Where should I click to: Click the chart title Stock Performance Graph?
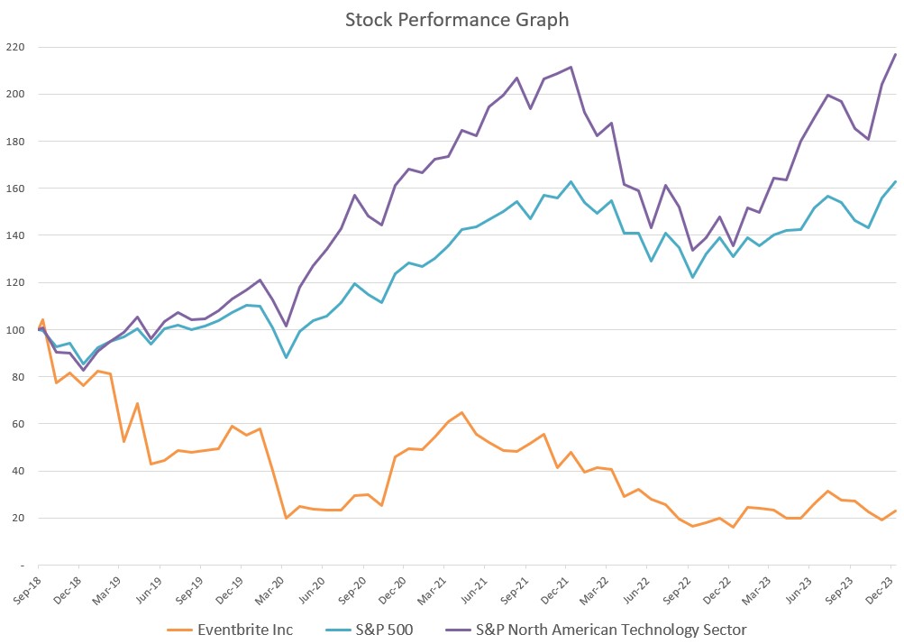pyautogui.click(x=457, y=19)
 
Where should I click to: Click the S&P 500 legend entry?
pyautogui.click(x=384, y=629)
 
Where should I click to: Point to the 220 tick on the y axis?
pyautogui.click(x=15, y=47)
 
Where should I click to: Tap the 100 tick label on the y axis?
pyautogui.click(x=15, y=329)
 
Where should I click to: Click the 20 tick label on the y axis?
pyautogui.click(x=18, y=518)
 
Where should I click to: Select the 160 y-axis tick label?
pyautogui.click(x=15, y=189)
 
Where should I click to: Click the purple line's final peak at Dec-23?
pyautogui.click(x=895, y=54)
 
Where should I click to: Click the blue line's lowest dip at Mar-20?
pyautogui.click(x=286, y=358)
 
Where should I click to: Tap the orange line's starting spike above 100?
pyautogui.click(x=42, y=319)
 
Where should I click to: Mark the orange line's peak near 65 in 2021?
pyautogui.click(x=461, y=412)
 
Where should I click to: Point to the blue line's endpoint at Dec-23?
pyautogui.click(x=895, y=181)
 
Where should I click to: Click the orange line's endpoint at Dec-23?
pyautogui.click(x=895, y=511)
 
